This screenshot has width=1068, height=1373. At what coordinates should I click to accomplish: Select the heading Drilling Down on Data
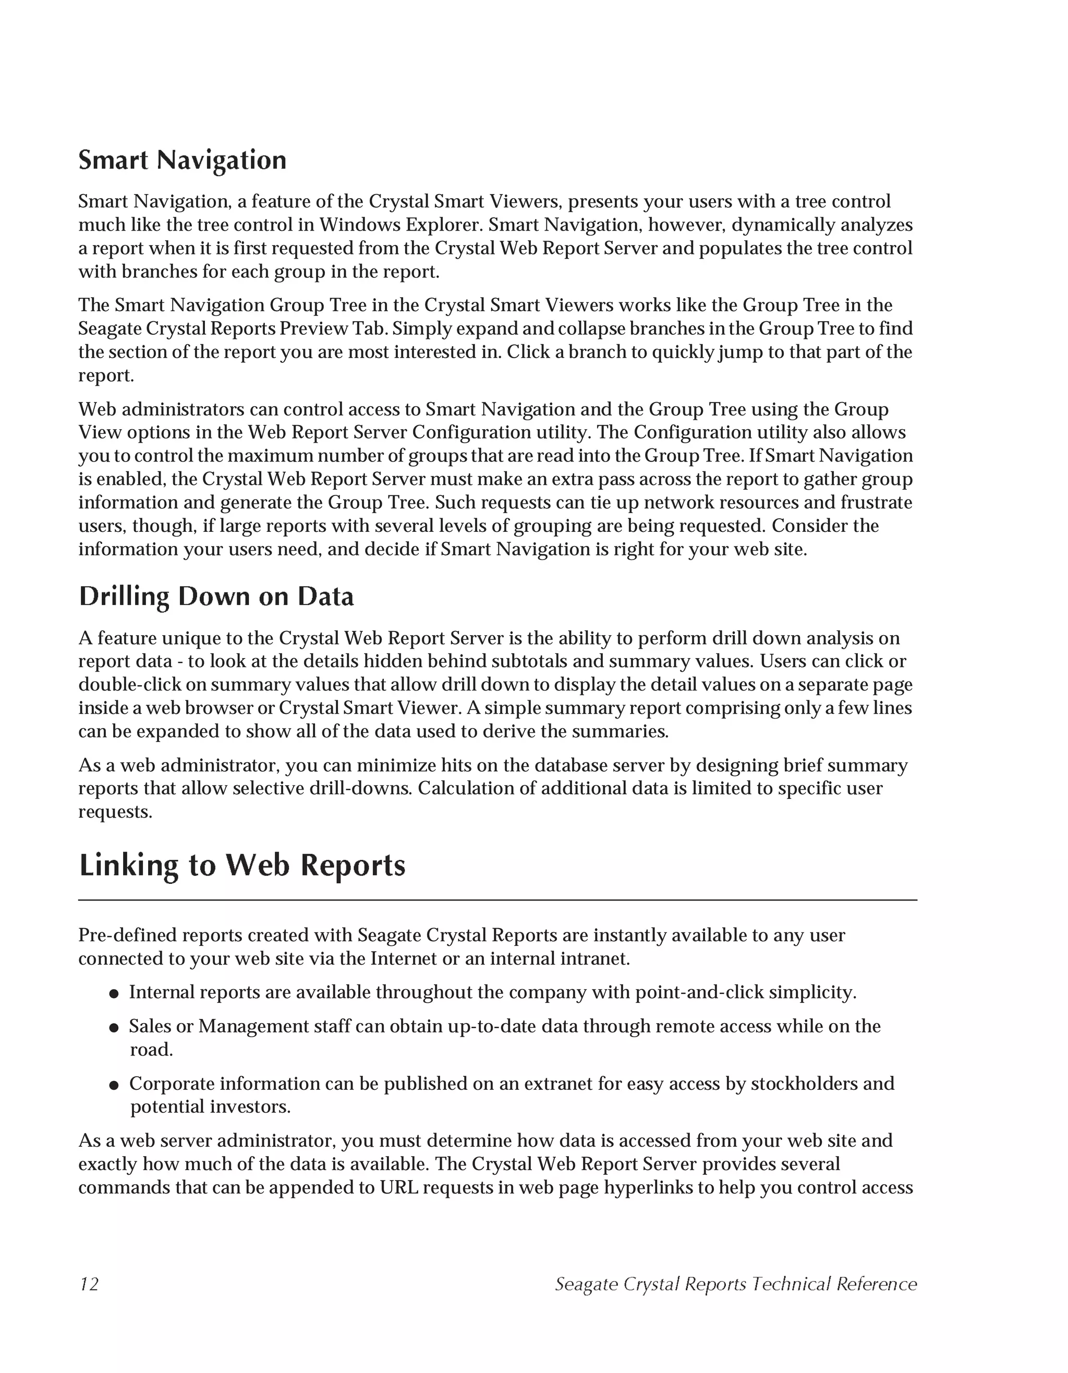[x=216, y=597]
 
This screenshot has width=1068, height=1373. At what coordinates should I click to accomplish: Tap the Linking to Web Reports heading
[x=242, y=865]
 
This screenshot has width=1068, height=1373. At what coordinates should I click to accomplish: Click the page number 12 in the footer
[x=89, y=1284]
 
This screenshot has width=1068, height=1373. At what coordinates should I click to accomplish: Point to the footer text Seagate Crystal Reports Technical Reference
[x=735, y=1284]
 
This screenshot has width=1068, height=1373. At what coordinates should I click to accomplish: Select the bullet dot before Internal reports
[x=114, y=994]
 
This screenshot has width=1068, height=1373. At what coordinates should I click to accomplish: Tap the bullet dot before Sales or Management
[x=114, y=1028]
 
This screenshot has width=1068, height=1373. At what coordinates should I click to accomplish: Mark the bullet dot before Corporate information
[x=114, y=1085]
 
